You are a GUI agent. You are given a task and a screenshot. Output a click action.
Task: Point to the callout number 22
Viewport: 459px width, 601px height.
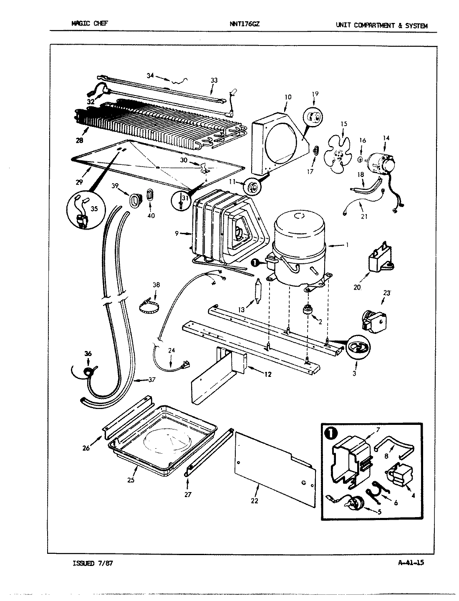pyautogui.click(x=254, y=500)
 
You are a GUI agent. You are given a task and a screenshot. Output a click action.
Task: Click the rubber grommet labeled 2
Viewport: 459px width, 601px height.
pyautogui.click(x=308, y=311)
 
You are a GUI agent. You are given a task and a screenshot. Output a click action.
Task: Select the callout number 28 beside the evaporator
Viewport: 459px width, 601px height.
pyautogui.click(x=79, y=140)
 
